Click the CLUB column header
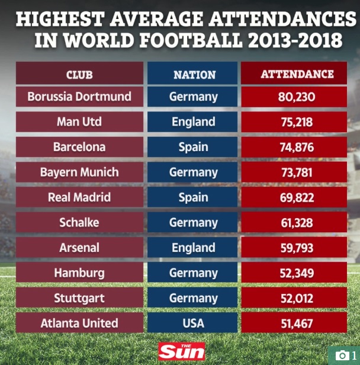coord(79,75)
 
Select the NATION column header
coord(194,75)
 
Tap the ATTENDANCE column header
coord(297,75)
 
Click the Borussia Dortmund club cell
coord(79,97)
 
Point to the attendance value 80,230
coord(297,97)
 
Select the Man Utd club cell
coord(79,122)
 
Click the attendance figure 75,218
coord(297,122)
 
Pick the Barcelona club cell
coord(79,147)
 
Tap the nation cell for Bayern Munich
coord(194,172)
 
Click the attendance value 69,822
coord(297,197)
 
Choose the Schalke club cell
coord(79,223)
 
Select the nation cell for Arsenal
coord(194,248)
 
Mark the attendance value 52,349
coord(297,273)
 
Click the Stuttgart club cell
coord(79,298)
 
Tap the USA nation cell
coord(194,324)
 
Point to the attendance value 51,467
coord(297,324)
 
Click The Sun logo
coord(181,351)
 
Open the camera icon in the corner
coord(342,355)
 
